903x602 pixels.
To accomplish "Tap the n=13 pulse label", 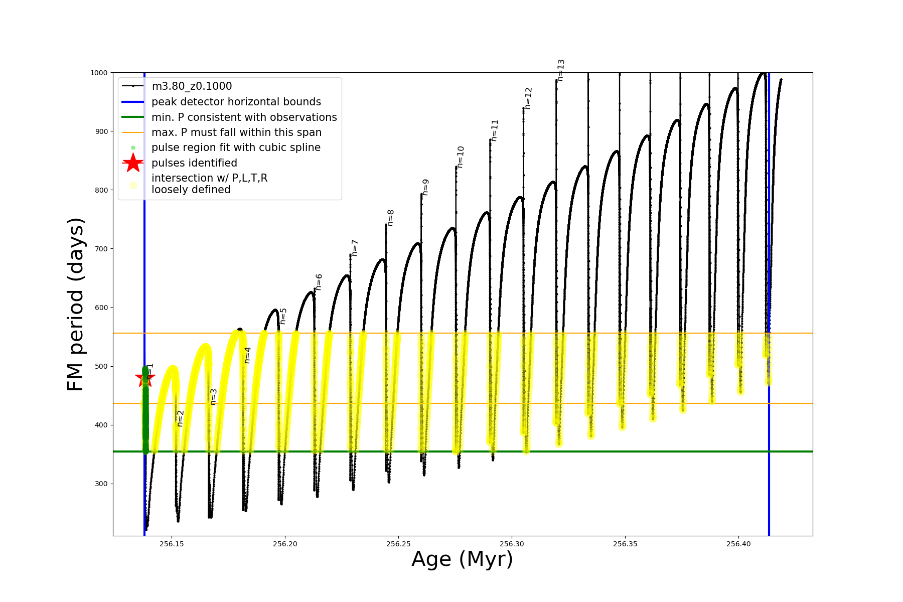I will (561, 70).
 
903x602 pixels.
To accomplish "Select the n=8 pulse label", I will (390, 218).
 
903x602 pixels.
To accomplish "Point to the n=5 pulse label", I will (283, 316).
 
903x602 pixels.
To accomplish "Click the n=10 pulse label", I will (461, 157).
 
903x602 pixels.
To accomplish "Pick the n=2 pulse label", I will (180, 418).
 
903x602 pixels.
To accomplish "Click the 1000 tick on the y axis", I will (99, 73).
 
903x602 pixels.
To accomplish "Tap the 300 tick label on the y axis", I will (102, 484).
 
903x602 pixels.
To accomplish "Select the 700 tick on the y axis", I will (102, 249).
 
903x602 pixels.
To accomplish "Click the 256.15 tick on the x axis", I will (172, 544).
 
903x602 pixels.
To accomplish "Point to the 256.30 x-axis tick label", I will (512, 544).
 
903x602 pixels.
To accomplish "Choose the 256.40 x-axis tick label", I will (738, 544).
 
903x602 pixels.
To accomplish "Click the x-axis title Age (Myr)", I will (462, 559).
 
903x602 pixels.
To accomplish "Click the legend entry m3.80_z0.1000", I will (192, 86).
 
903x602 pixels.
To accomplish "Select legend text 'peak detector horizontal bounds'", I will (236, 102).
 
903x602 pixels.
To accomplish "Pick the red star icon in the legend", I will (133, 163).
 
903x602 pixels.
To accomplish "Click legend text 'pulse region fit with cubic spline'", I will (236, 147).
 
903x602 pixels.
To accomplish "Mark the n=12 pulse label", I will (528, 98).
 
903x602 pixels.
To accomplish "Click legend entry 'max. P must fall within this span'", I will (236, 132).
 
